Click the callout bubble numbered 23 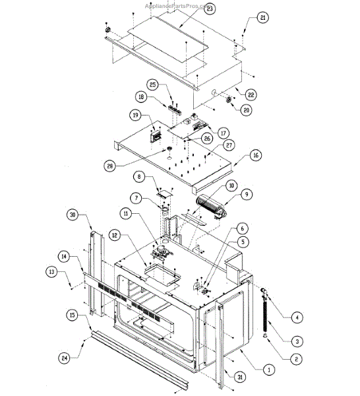pos(210,9)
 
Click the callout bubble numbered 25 pos(152,86)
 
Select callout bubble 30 pos(73,214)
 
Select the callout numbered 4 pos(297,317)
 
